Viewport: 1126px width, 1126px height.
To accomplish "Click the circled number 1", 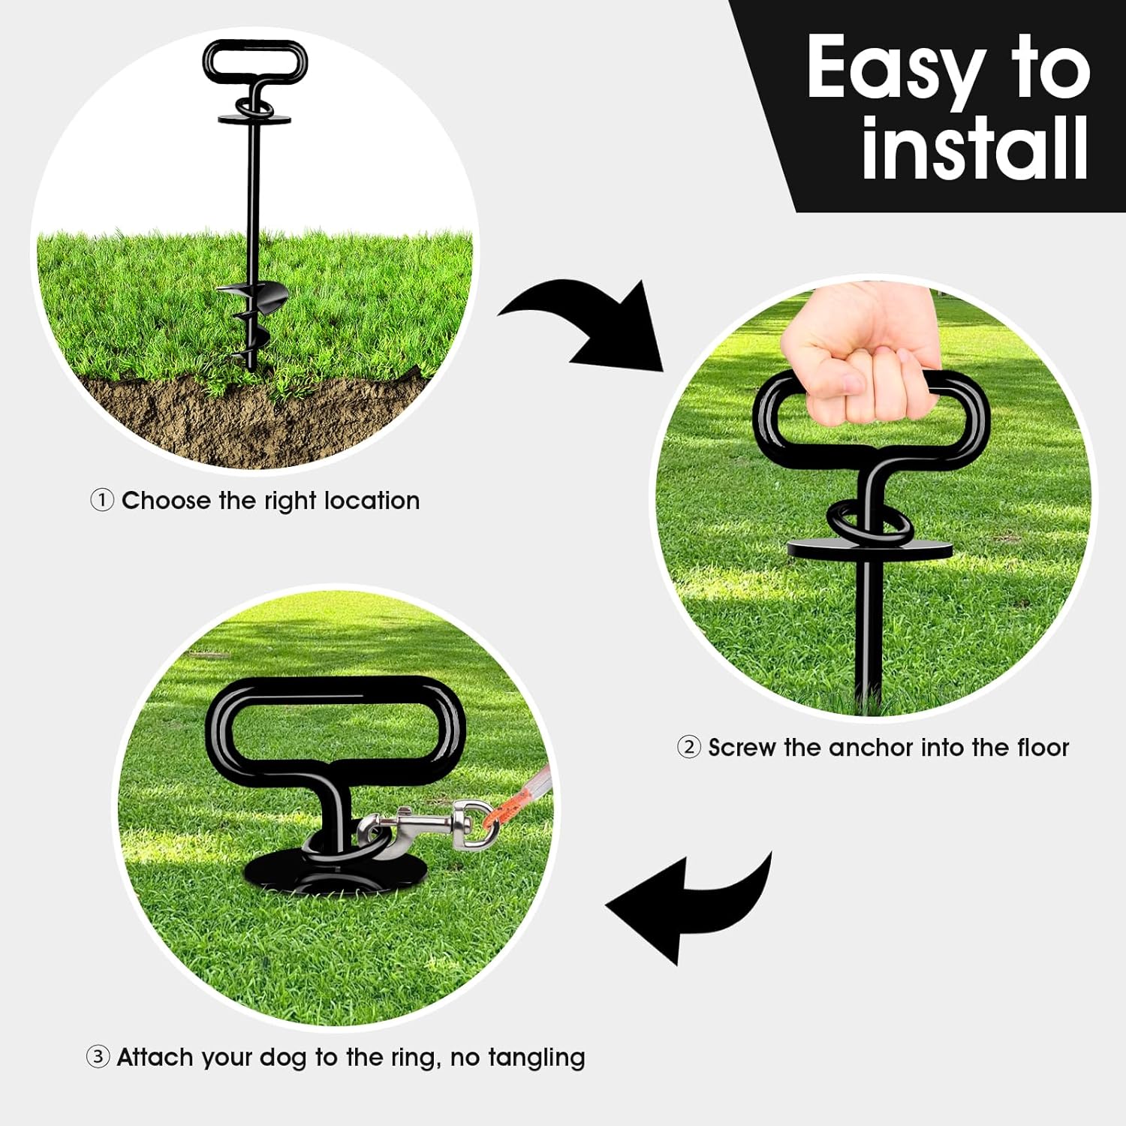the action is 102,500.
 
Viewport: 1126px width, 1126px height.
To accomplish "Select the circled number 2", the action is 689,747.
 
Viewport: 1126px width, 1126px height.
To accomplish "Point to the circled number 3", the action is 98,1057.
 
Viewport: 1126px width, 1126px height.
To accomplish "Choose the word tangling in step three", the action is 537,1058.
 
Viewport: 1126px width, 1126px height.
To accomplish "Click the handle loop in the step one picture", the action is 255,62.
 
